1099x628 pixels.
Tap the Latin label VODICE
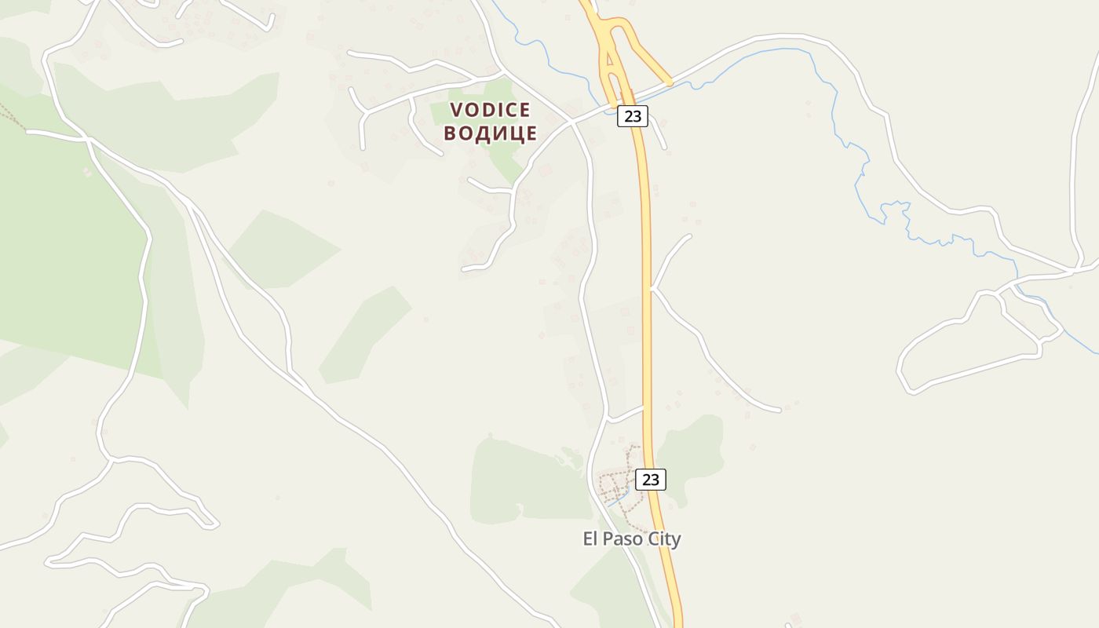tap(490, 110)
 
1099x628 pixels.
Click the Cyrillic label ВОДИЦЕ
tap(490, 133)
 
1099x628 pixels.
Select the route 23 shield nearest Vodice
tap(632, 116)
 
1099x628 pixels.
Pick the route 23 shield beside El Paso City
tap(650, 479)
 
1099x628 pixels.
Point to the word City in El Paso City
tap(665, 539)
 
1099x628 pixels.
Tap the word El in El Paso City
tap(590, 539)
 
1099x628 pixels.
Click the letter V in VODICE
tap(456, 110)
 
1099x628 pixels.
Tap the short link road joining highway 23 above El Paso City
tap(626, 413)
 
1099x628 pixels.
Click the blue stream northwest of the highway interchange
tap(542, 47)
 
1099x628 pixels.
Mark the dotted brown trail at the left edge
tap(11, 116)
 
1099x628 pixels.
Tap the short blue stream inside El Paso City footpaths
tap(618, 496)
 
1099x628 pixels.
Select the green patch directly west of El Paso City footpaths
tap(526, 479)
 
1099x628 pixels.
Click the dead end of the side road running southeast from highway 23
tap(780, 410)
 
